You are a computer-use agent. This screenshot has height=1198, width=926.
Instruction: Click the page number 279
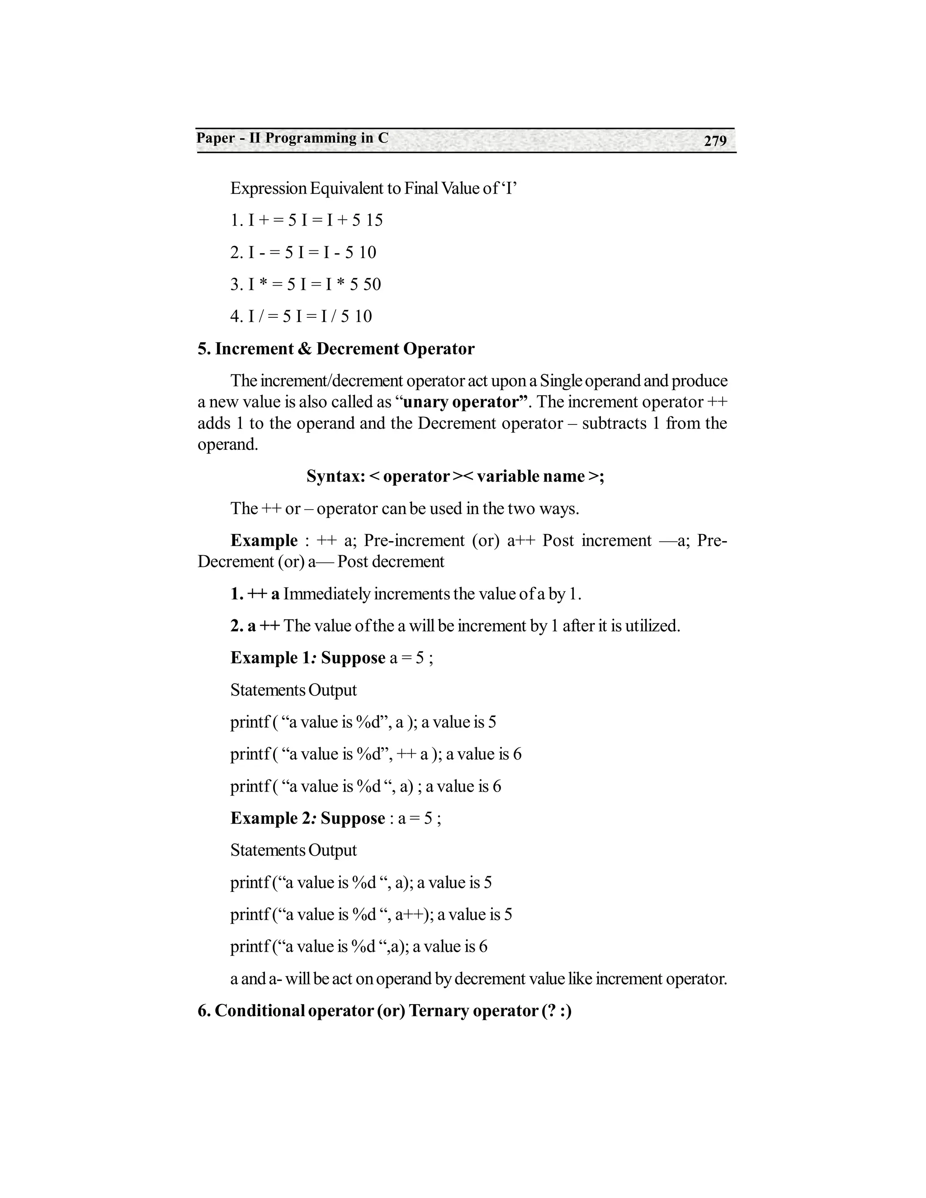click(715, 141)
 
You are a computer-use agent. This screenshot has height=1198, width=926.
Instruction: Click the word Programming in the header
click(311, 138)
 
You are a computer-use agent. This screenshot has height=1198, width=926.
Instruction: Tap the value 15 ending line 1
click(374, 221)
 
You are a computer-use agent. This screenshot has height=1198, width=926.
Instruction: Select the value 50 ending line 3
click(372, 284)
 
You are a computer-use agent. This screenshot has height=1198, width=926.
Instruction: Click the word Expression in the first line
click(268, 189)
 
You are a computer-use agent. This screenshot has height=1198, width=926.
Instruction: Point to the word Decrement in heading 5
click(357, 349)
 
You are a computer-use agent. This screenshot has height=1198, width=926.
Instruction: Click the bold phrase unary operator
click(461, 402)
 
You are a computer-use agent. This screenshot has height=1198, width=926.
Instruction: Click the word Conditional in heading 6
click(260, 1010)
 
